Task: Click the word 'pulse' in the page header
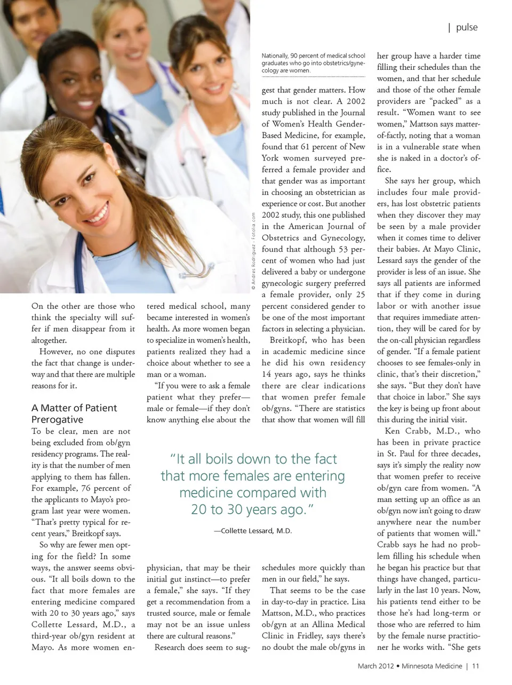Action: [467, 27]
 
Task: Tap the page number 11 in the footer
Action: [476, 666]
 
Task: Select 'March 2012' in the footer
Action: [375, 666]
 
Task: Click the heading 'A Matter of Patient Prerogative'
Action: [74, 413]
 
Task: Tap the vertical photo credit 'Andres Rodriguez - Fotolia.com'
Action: [253, 251]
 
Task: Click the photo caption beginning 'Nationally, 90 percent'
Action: [313, 63]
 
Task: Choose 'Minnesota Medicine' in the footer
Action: [432, 666]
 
